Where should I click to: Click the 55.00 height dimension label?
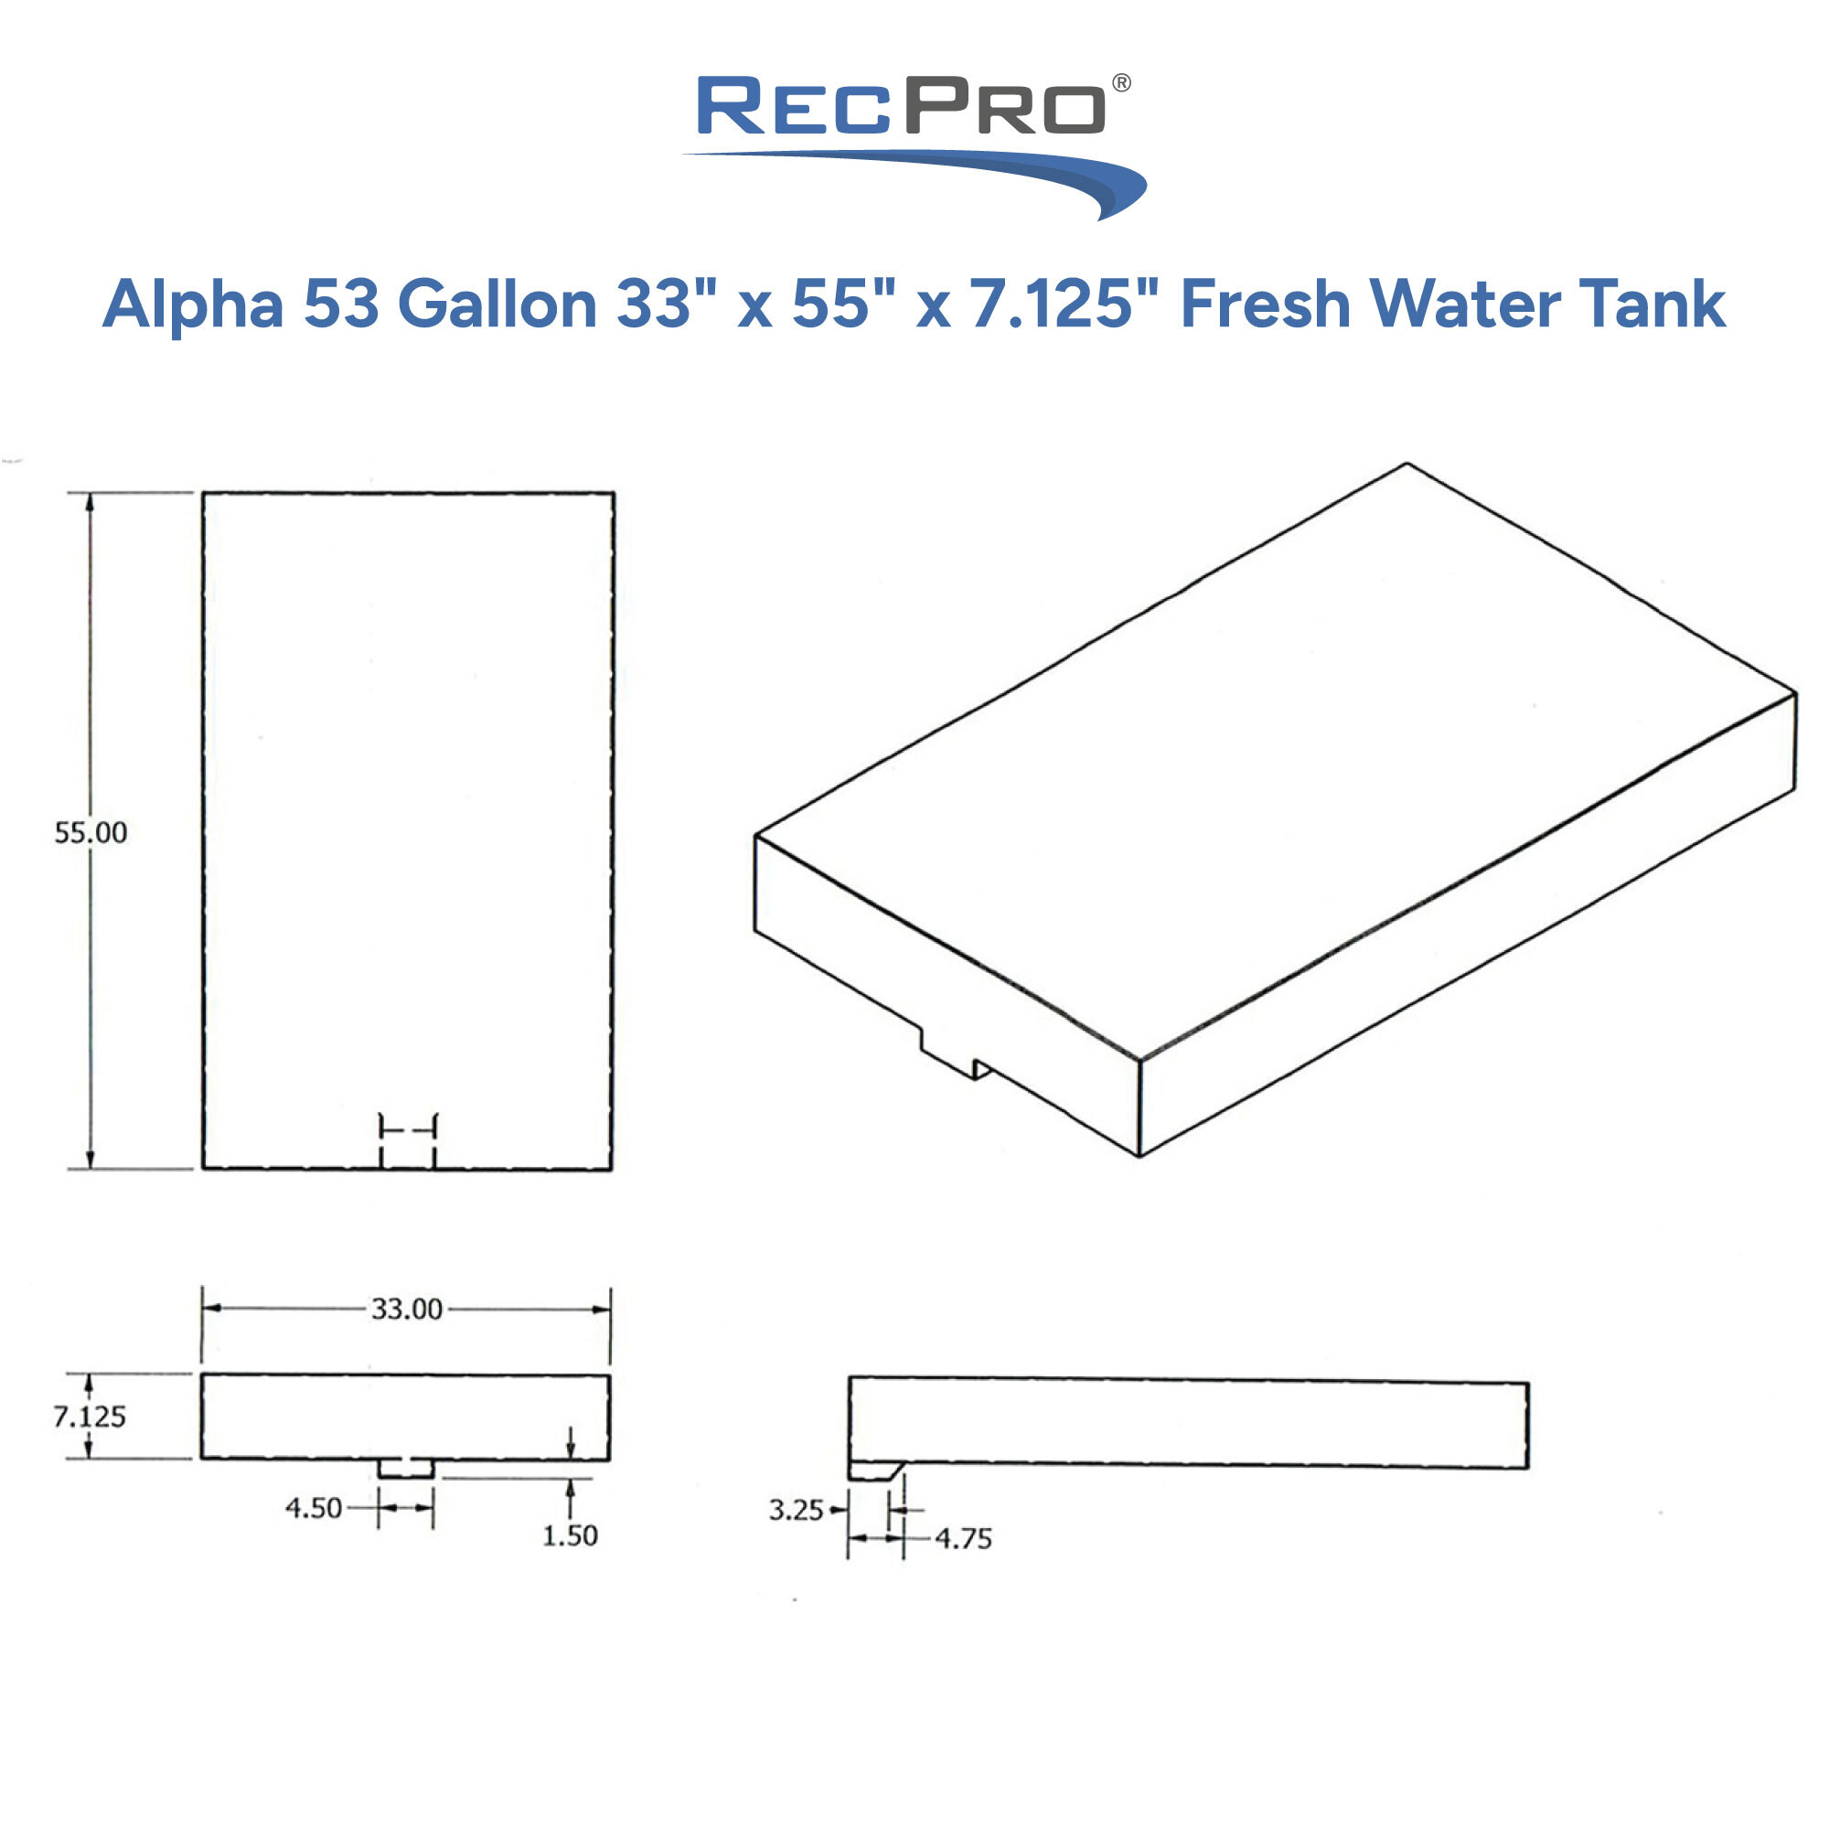(x=91, y=833)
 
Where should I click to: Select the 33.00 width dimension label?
(x=407, y=1310)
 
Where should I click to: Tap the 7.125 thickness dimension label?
(x=89, y=1417)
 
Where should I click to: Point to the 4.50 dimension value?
(x=314, y=1508)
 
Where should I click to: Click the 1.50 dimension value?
(x=570, y=1535)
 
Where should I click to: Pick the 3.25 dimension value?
(x=796, y=1510)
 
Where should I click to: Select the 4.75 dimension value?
(x=964, y=1538)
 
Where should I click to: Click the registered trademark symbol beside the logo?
(x=1121, y=83)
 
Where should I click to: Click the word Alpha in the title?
(x=193, y=305)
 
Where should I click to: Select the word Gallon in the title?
(x=497, y=305)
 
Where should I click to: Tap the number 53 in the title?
(x=341, y=305)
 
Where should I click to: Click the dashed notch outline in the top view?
(x=408, y=1139)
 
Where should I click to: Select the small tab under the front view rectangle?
(x=406, y=1469)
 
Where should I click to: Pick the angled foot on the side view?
(x=876, y=1471)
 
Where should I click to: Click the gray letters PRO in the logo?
(x=1005, y=106)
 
